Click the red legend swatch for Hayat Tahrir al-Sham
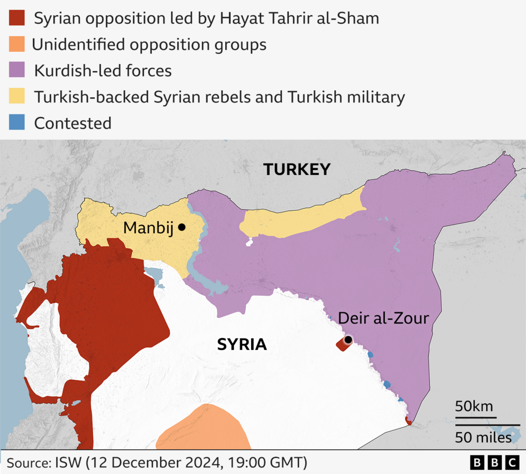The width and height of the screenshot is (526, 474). tap(17, 18)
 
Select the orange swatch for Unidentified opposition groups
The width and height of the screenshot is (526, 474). tap(17, 44)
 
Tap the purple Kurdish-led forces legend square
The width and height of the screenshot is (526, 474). tap(17, 70)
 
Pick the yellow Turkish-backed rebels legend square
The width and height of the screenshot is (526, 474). tap(17, 97)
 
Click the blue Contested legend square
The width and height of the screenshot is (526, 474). tap(17, 123)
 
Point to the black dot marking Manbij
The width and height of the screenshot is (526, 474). tap(182, 227)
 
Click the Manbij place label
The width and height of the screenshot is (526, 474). tap(148, 228)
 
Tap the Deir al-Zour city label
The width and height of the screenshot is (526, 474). tap(383, 318)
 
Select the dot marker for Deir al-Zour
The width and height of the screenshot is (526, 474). tap(348, 340)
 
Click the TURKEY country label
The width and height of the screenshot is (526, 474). tap(296, 170)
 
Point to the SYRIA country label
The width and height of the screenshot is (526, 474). tap(242, 344)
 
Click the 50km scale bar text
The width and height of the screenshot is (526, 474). tap(474, 406)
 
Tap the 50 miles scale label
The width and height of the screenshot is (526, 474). tap(483, 437)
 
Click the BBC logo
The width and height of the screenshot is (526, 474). tap(494, 463)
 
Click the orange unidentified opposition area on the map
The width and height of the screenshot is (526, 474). tap(205, 429)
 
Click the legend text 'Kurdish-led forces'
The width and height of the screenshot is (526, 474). tap(102, 70)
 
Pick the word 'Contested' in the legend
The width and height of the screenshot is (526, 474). tap(73, 123)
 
